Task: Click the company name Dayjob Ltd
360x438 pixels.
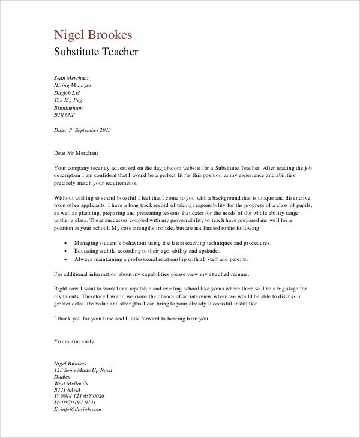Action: pyautogui.click(x=67, y=93)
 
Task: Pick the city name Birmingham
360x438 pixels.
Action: pyautogui.click(x=68, y=108)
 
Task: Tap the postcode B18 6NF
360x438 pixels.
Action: pyautogui.click(x=64, y=115)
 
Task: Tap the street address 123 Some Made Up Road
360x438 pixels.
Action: pyautogui.click(x=83, y=371)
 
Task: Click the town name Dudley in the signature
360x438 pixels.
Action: pyautogui.click(x=62, y=378)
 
